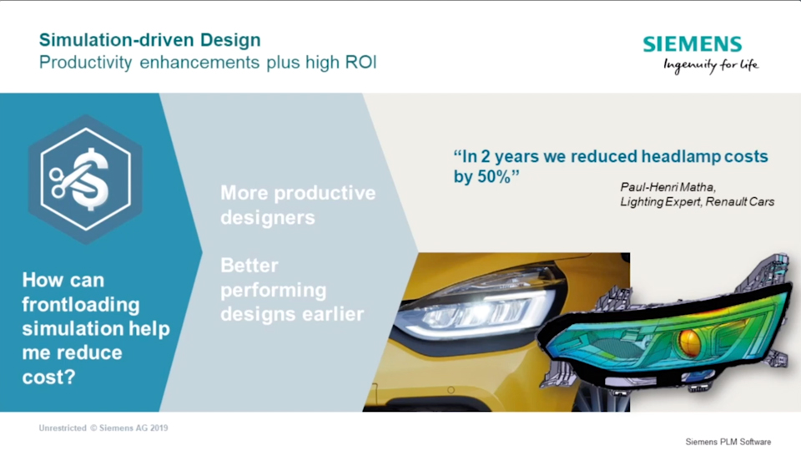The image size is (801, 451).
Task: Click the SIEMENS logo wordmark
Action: tap(693, 44)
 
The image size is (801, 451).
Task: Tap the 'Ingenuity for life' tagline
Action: tap(711, 65)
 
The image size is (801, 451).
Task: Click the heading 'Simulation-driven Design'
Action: tap(149, 40)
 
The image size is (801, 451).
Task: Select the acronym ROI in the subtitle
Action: tap(361, 63)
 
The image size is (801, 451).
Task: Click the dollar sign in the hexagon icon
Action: tap(92, 179)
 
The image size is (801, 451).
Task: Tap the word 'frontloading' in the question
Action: tap(81, 304)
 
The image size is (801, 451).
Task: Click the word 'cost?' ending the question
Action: tap(48, 378)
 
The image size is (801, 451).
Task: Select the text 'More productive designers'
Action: tap(298, 205)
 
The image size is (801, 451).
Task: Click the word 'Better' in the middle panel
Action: tap(249, 266)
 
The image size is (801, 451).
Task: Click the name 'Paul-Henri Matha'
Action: tap(667, 187)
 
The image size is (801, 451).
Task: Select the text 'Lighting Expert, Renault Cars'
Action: tap(698, 202)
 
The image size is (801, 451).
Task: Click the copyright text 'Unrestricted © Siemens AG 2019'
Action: tap(103, 428)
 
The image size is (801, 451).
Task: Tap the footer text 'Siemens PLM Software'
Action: tap(728, 442)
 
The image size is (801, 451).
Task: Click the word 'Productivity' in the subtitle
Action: tap(85, 63)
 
